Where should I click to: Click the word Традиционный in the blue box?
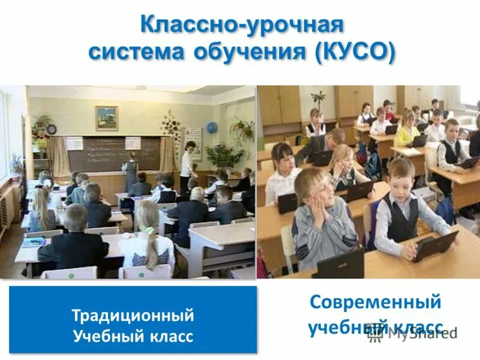coord(133,314)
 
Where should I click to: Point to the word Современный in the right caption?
coord(375,302)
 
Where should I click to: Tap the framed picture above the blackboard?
coord(106,118)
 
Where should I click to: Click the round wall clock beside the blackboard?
coord(52,129)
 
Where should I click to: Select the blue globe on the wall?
coord(212,127)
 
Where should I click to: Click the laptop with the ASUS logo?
coord(340,264)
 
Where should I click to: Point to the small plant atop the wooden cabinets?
coord(317,98)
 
